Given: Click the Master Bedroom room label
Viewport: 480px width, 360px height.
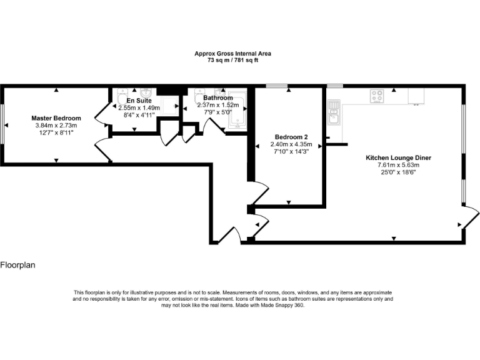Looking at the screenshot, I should (56, 118).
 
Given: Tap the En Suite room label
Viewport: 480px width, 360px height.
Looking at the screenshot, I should (138, 100).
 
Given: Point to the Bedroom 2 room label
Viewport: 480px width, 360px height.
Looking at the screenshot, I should (291, 137).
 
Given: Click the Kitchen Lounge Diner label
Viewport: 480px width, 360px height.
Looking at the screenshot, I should (398, 158).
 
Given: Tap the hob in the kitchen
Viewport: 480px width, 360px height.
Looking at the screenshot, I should (377, 96).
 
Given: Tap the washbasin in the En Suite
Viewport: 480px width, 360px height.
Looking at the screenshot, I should (146, 92).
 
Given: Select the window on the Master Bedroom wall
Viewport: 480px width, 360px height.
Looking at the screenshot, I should (2, 123).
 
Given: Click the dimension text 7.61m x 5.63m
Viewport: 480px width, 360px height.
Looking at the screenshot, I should (398, 165).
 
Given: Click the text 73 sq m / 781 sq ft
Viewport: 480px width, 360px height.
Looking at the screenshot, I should (232, 60).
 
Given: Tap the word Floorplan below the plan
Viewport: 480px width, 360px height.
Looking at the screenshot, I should (17, 265).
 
